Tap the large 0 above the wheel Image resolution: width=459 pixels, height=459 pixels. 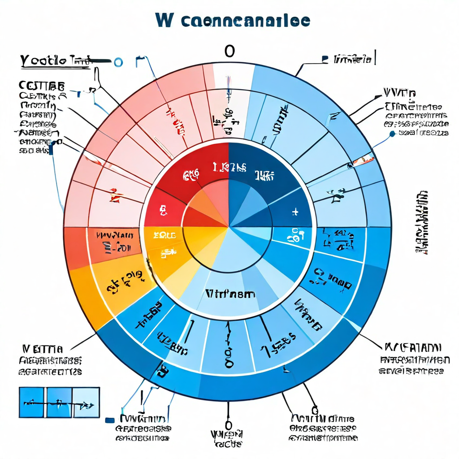click(229, 52)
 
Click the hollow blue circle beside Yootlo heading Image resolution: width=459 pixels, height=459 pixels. click(118, 62)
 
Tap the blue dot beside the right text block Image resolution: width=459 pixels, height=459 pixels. click(392, 133)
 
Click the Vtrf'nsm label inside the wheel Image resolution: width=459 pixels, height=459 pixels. click(230, 294)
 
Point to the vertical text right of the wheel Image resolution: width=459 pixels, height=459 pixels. click(421, 222)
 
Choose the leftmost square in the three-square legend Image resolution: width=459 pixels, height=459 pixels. click(32, 402)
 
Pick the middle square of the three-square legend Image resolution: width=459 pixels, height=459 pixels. click(59, 402)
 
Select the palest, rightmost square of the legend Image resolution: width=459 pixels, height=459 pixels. click(86, 402)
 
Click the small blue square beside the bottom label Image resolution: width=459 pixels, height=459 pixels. click(108, 420)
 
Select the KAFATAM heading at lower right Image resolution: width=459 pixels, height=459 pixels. click(412, 347)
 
